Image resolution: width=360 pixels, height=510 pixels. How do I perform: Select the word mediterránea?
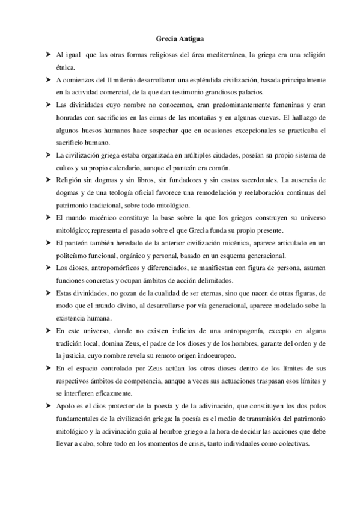pyautogui.click(x=223, y=55)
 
